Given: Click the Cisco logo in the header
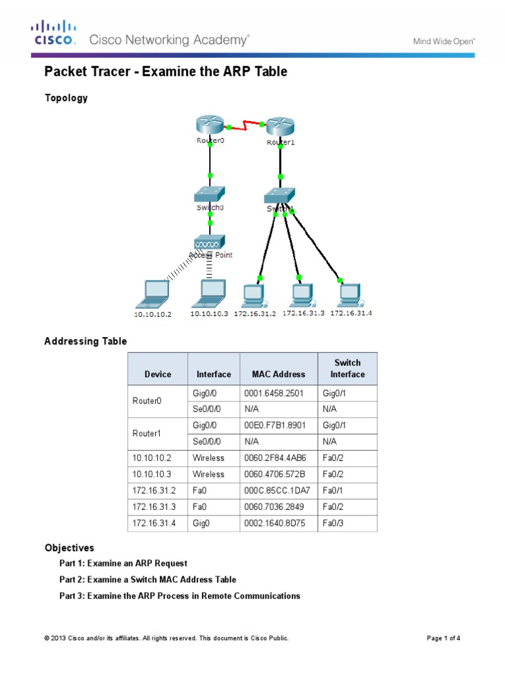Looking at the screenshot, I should tap(55, 32).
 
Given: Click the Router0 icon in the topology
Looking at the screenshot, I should tap(210, 124).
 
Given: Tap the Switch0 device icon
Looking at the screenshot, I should tap(210, 195).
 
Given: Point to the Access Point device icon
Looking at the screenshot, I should tap(210, 243).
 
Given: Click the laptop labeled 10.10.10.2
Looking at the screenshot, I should tap(153, 293).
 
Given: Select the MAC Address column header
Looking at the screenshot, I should tap(278, 374).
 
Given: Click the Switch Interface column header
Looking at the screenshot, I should tap(347, 368).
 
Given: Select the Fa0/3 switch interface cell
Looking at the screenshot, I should tap(333, 523).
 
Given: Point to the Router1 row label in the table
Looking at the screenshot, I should tap(147, 434).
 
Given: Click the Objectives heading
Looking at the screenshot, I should tap(69, 547).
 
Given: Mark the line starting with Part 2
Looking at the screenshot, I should tap(147, 580).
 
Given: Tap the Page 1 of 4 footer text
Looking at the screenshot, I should tap(447, 638).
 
